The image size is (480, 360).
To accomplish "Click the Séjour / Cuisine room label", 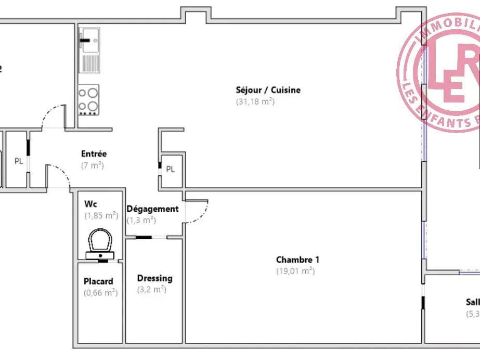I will click(x=268, y=90).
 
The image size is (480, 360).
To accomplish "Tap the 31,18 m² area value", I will click(x=255, y=102).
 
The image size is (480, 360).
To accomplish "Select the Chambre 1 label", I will click(x=295, y=260).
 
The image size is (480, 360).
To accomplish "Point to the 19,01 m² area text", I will click(x=295, y=271).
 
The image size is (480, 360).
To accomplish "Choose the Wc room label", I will click(x=90, y=203).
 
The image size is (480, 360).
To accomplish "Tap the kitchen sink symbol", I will click(x=89, y=40).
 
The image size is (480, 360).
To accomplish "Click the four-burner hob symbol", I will click(x=88, y=99).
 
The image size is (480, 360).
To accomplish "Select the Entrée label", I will click(x=94, y=154).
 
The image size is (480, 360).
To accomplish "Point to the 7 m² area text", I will click(x=93, y=166).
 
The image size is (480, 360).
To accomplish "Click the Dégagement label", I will click(x=152, y=209).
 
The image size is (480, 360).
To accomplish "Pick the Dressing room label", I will click(x=154, y=278).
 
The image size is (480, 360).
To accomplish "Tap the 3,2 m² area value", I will click(x=151, y=290).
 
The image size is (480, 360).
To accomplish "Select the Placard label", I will click(x=98, y=281).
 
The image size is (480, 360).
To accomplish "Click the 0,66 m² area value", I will click(x=100, y=293).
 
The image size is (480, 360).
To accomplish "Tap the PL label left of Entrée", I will click(x=19, y=161).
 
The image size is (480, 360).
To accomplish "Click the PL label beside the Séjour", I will click(x=171, y=169).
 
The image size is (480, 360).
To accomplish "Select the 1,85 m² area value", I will click(x=101, y=215).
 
